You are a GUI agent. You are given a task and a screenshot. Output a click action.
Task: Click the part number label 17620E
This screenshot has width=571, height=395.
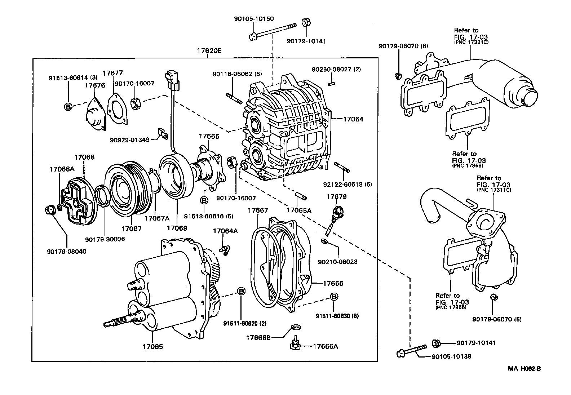click(x=209, y=51)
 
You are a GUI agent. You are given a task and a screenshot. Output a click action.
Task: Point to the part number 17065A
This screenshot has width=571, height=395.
click(x=299, y=210)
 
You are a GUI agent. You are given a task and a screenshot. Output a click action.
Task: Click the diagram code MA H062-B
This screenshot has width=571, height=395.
click(x=524, y=369)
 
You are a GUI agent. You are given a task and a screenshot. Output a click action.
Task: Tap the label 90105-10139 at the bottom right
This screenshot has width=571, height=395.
click(x=451, y=356)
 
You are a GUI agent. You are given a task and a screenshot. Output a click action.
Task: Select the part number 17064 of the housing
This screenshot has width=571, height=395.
click(x=353, y=119)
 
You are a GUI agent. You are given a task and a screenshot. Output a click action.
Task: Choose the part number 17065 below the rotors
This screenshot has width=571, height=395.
click(x=152, y=347)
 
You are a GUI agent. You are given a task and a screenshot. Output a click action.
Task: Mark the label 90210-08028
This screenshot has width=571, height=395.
click(x=338, y=262)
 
